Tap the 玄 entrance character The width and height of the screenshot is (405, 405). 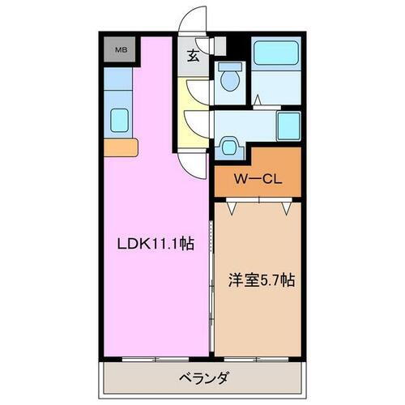click(194, 56)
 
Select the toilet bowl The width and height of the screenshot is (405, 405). click(228, 79)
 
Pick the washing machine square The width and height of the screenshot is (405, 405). click(286, 126)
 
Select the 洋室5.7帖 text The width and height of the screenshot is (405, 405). click(260, 280)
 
